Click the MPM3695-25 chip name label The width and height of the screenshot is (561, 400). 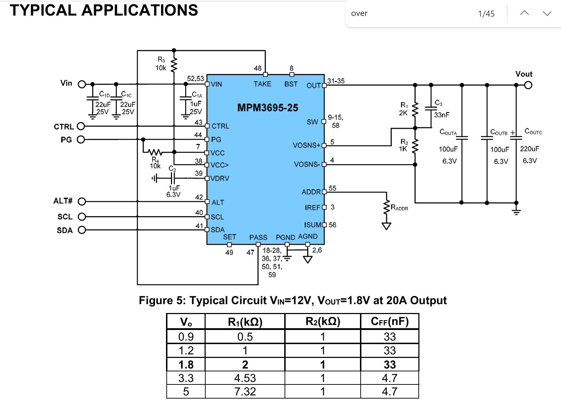pyautogui.click(x=268, y=108)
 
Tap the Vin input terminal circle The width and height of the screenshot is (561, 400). pyautogui.click(x=82, y=84)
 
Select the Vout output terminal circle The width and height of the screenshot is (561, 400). pyautogui.click(x=528, y=85)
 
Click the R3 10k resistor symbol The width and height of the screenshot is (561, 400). pyautogui.click(x=174, y=65)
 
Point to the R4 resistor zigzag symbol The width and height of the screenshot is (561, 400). pyautogui.click(x=155, y=152)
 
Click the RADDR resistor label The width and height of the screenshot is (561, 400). pyautogui.click(x=399, y=208)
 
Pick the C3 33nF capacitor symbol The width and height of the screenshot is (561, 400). pyautogui.click(x=431, y=108)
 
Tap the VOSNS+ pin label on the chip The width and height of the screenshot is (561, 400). pyautogui.click(x=306, y=145)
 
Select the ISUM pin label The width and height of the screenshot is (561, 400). pyautogui.click(x=313, y=225)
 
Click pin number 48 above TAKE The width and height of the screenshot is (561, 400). pyautogui.click(x=258, y=68)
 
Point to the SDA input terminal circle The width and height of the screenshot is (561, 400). pyautogui.click(x=82, y=230)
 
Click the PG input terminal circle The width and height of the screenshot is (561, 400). pyautogui.click(x=81, y=139)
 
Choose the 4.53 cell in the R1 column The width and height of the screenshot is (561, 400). pyautogui.click(x=245, y=378)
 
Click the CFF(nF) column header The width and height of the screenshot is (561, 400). pyautogui.click(x=390, y=321)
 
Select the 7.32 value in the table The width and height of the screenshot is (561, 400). pyautogui.click(x=245, y=392)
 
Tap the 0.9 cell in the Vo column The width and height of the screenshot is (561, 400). pyautogui.click(x=186, y=337)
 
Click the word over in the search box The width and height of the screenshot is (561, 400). pyautogui.click(x=359, y=13)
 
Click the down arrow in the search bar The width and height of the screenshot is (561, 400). pyautogui.click(x=547, y=13)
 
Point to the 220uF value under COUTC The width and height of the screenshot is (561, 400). pyautogui.click(x=529, y=149)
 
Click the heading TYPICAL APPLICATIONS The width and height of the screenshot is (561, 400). pyautogui.click(x=104, y=10)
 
